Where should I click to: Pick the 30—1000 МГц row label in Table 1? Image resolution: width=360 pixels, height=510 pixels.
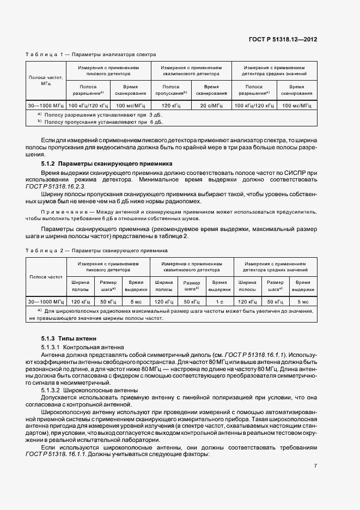point(46,105)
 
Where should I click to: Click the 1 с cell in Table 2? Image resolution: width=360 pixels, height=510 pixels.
point(219,301)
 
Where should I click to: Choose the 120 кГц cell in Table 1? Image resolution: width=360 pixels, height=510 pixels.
point(170,105)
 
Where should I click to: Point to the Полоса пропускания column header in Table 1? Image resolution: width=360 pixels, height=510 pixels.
point(170,90)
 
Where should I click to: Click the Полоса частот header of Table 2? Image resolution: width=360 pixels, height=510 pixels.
point(46,277)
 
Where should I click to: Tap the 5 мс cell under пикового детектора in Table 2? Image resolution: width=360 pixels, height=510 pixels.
point(135,301)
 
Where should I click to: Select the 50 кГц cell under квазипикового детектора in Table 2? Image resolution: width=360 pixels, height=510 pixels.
point(191,301)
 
